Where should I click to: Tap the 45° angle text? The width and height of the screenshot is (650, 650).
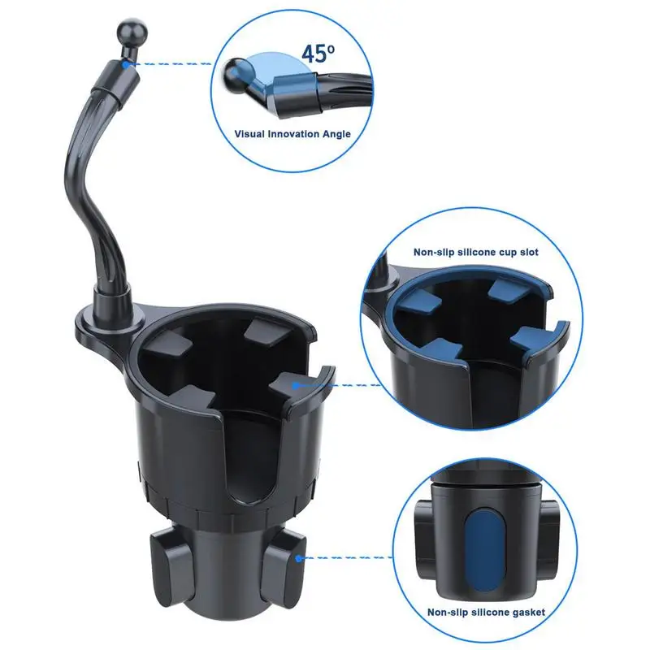[x=318, y=54]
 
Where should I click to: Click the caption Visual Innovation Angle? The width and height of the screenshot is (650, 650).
[x=292, y=133]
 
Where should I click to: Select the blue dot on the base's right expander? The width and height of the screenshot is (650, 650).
[x=299, y=558]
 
